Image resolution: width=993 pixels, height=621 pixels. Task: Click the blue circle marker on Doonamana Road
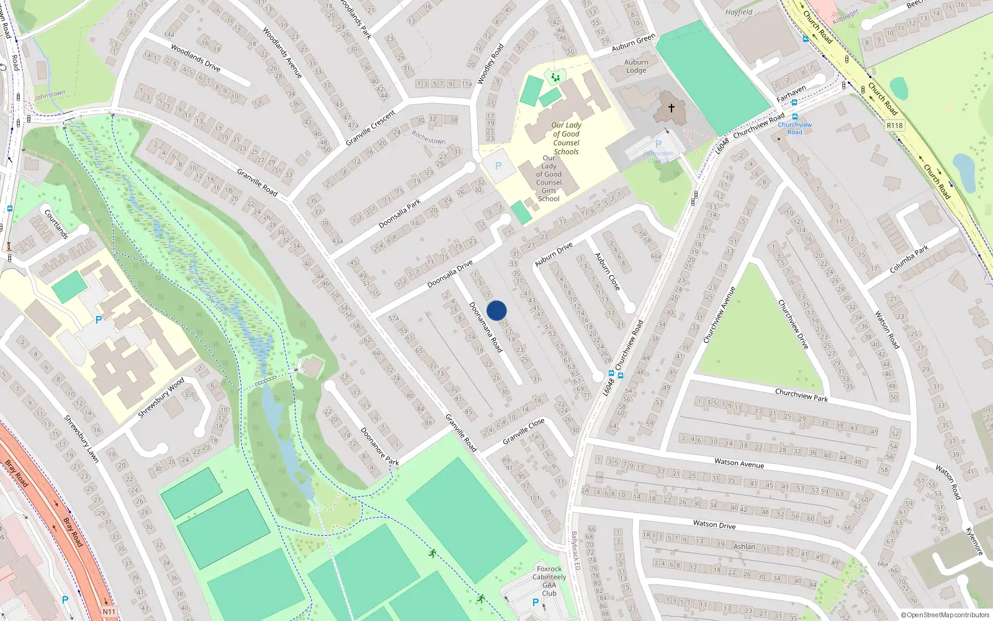[496, 310]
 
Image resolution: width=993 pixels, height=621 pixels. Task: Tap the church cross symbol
[671, 108]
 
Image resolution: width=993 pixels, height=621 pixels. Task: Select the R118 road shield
[894, 125]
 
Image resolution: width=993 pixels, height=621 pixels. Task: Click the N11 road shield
[109, 612]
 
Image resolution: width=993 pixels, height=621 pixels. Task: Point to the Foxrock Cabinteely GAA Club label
[549, 581]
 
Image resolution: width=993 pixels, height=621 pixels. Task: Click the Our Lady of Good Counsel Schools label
[566, 138]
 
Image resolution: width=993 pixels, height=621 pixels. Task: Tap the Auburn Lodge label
[636, 66]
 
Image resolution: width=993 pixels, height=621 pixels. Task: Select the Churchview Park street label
[801, 395]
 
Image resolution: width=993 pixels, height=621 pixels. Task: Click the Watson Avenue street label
[739, 463]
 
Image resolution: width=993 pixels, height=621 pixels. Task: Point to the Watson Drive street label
[714, 525]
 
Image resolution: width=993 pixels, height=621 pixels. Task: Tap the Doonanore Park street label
[379, 446]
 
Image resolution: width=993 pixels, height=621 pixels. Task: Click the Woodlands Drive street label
[195, 58]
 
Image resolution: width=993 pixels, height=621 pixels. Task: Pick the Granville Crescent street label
[371, 128]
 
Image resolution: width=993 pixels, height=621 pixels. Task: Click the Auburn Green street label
[633, 43]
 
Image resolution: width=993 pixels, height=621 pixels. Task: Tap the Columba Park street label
[909, 259]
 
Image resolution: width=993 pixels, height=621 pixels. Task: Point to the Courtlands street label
[56, 224]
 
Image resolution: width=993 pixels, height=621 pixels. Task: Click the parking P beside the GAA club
[536, 602]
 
